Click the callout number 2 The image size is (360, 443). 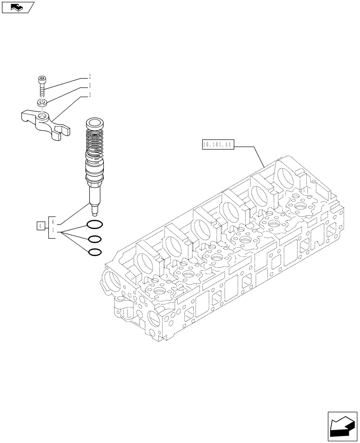pos(90,76)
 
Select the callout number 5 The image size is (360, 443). pos(90,85)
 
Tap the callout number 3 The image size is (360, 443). pos(90,95)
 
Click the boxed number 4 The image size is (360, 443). pos(40,226)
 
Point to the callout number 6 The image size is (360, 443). pos(54,221)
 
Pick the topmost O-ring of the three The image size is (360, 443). pos(95,224)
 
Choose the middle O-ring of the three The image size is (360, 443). pos(95,239)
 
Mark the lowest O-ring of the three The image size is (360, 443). pos(95,253)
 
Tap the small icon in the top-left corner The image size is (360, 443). pos(18,7)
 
